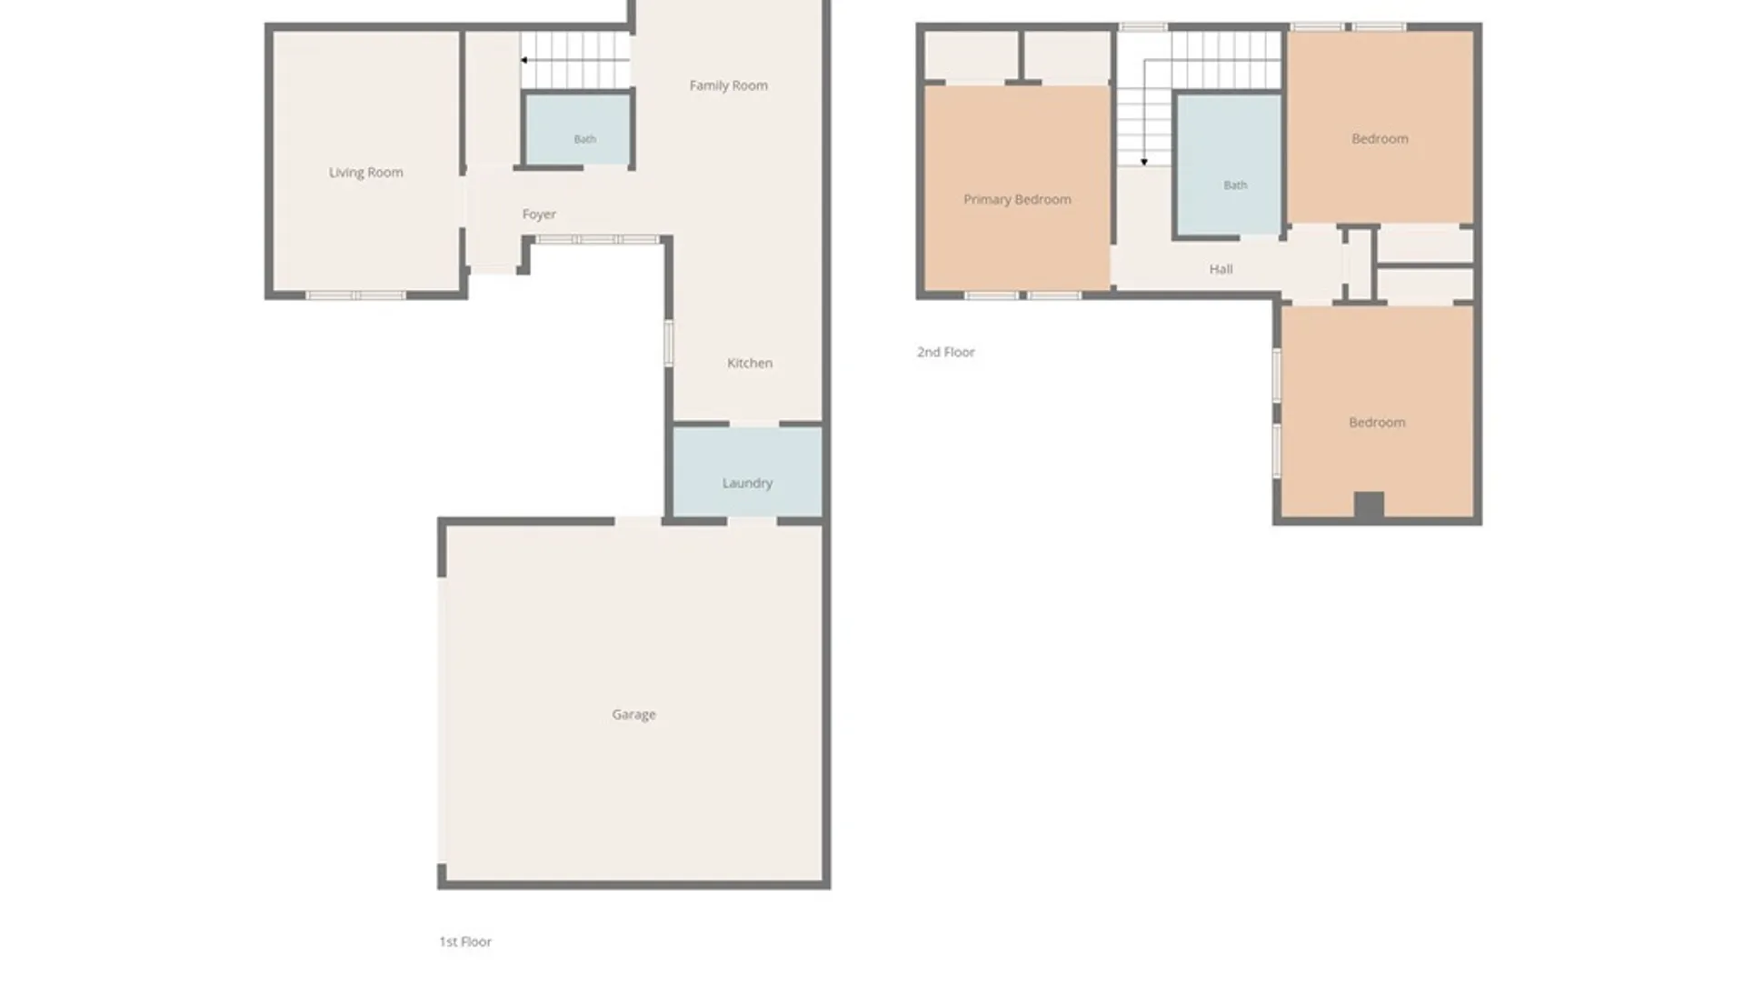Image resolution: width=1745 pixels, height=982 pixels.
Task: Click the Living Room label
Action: pos(365,173)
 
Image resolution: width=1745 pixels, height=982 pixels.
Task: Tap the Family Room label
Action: pos(728,85)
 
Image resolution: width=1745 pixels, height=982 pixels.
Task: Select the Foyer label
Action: pos(539,215)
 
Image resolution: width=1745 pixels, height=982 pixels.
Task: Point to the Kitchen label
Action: pos(750,363)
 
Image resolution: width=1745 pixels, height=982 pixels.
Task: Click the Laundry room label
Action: pos(747,483)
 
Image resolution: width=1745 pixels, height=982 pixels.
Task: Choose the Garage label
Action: pos(633,715)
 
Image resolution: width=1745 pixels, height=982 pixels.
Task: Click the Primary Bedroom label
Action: pos(1017,200)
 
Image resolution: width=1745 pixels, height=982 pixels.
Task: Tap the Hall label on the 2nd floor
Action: pos(1221,269)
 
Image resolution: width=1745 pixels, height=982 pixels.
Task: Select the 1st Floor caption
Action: pos(465,942)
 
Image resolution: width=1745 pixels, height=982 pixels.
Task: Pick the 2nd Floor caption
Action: pos(945,352)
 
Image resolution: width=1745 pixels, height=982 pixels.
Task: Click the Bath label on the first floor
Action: pos(584,139)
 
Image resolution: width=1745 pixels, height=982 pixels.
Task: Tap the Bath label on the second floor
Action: pos(1235,185)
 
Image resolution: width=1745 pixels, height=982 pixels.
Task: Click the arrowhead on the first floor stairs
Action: pos(524,60)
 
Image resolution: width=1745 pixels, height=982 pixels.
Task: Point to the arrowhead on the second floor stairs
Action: pos(1144,162)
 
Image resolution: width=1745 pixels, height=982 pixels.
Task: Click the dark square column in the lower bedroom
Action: pos(1369,505)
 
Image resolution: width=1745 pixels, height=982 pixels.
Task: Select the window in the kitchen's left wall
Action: pos(669,343)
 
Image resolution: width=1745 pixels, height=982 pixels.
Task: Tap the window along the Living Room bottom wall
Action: pos(355,296)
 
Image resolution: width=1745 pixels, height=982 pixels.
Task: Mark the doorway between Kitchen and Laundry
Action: pos(754,424)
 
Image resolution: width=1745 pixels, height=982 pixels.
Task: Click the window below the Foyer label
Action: pos(596,239)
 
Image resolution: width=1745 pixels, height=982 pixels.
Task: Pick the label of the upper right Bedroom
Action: pos(1380,139)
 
